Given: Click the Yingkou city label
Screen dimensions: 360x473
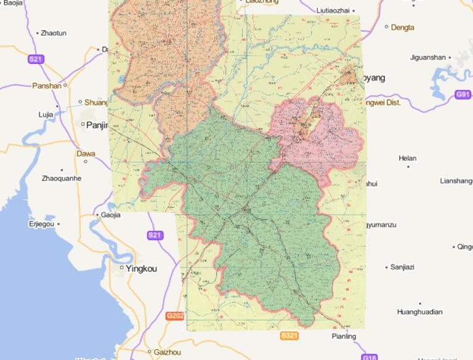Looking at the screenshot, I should [x=141, y=269].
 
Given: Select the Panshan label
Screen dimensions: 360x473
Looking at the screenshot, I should [x=47, y=86].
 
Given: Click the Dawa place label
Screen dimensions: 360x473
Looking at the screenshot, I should [x=86, y=154].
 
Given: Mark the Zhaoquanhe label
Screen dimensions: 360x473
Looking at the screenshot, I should [x=62, y=178].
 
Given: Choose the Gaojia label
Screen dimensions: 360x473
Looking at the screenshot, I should [x=111, y=215].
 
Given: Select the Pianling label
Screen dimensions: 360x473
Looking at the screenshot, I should [x=344, y=337].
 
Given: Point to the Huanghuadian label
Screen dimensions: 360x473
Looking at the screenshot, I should [x=420, y=312].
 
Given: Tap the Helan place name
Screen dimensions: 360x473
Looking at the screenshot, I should [x=408, y=158].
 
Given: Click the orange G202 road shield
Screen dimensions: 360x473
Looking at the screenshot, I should [x=176, y=316].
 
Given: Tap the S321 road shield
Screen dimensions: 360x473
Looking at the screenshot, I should [x=289, y=335].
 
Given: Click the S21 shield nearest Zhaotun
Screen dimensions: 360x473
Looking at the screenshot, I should [x=37, y=59].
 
